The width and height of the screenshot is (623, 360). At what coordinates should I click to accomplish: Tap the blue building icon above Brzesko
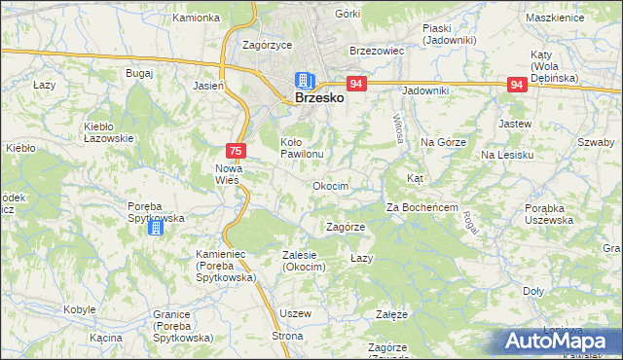[305, 80]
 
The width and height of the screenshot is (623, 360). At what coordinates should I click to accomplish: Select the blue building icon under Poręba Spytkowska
[156, 228]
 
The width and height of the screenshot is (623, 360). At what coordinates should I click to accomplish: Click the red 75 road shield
[236, 151]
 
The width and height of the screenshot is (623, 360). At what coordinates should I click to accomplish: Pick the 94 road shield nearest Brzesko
[356, 85]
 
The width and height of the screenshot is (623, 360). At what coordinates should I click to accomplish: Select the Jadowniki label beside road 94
[425, 90]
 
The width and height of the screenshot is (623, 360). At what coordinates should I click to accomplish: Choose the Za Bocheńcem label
[422, 207]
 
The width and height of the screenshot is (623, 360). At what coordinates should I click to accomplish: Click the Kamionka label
[196, 18]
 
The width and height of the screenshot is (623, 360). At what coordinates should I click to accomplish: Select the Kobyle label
[79, 308]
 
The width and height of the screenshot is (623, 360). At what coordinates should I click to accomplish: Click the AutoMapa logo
[558, 341]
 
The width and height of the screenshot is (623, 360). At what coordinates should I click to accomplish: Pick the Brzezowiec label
[376, 51]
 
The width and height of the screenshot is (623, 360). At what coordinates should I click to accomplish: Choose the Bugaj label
[139, 74]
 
